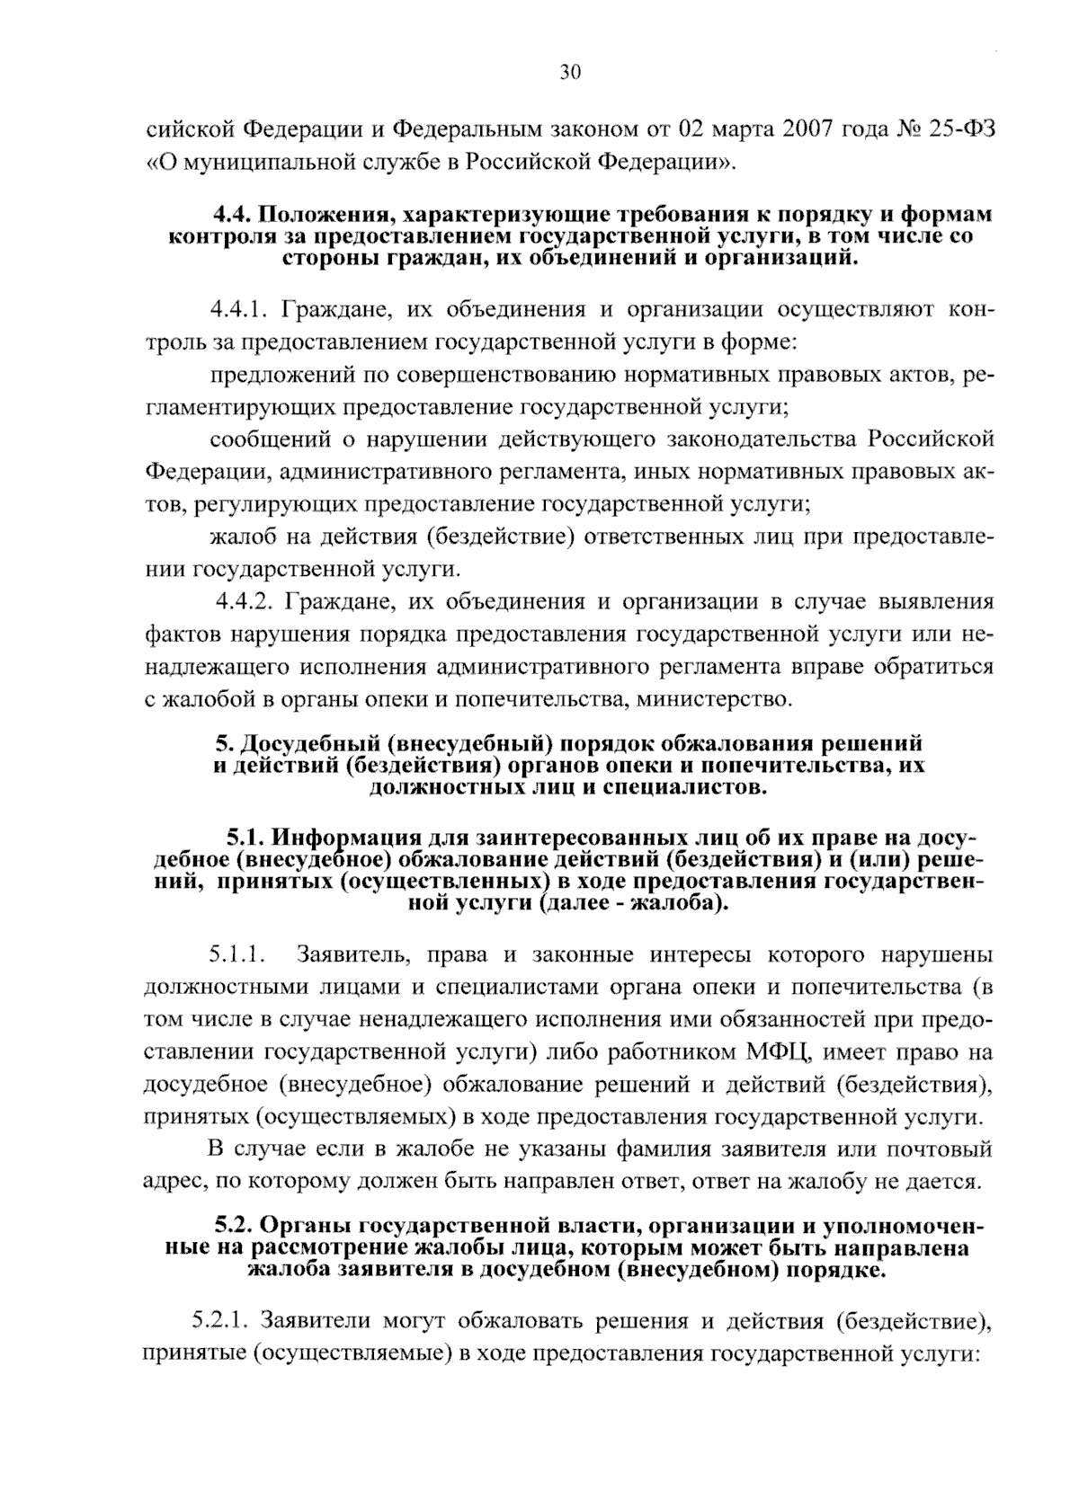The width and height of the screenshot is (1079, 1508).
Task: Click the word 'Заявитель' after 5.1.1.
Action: click(x=355, y=954)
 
